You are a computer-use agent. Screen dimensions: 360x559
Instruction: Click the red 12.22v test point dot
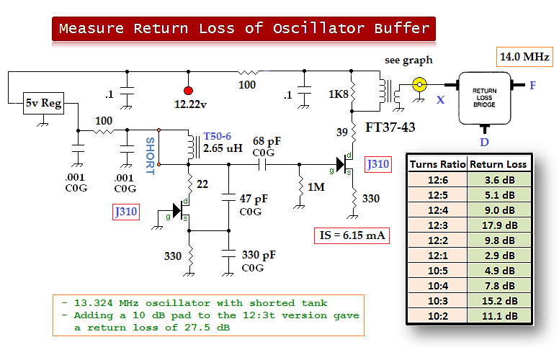coord(189,91)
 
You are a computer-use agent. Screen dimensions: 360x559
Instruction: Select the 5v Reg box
coord(44,104)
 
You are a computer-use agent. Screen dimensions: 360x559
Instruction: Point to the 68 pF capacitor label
coord(264,141)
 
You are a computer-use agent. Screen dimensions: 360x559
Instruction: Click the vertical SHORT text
coord(150,156)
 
